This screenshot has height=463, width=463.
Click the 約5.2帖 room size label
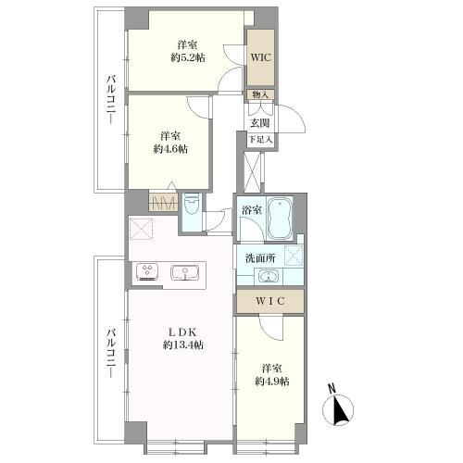point(188,58)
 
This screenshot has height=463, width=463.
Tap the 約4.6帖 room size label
point(170,149)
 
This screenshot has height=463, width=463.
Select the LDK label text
point(182,332)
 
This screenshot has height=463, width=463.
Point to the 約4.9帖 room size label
point(272,382)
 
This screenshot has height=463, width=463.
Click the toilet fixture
point(192,206)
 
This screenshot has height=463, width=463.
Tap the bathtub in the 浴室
point(280,218)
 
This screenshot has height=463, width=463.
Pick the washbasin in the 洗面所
point(269,276)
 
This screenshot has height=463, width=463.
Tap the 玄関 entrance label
point(259,123)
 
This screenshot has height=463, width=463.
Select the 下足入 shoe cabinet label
point(261,140)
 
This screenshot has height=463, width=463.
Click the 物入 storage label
point(261,94)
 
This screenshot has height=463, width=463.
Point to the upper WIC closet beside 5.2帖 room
point(261,57)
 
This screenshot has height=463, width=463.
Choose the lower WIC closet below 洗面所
point(270,301)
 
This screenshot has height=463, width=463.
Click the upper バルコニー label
point(111,100)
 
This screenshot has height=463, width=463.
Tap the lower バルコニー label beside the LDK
point(111,354)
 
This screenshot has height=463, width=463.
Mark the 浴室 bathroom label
point(252,210)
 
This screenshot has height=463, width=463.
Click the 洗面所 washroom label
point(260,258)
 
